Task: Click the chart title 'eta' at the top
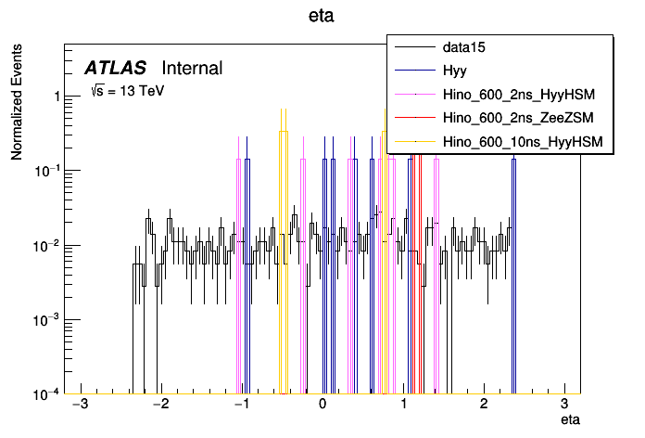(x=322, y=16)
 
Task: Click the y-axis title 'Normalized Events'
(x=17, y=103)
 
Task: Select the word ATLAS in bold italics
(x=115, y=68)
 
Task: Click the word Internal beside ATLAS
(x=192, y=68)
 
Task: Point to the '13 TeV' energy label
(x=126, y=91)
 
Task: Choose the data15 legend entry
(x=467, y=45)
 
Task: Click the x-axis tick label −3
(x=81, y=406)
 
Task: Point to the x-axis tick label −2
(x=161, y=406)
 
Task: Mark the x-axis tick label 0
(x=322, y=406)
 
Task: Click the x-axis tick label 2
(x=484, y=406)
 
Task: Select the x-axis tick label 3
(x=564, y=406)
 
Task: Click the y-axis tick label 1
(x=57, y=97)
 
